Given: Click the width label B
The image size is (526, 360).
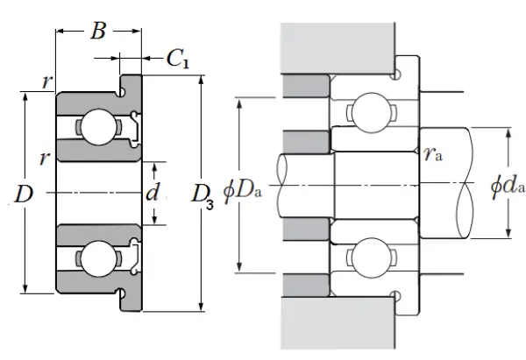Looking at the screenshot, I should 99,32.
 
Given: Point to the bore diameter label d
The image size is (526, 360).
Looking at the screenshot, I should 153,192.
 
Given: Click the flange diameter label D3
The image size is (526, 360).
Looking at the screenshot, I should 203,194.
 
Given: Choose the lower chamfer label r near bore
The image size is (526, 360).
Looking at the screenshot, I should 43,159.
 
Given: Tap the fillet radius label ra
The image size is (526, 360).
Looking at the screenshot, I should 431,156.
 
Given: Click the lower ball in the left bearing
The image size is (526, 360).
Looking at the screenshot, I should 94,258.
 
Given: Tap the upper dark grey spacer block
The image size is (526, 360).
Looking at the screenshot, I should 304,86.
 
